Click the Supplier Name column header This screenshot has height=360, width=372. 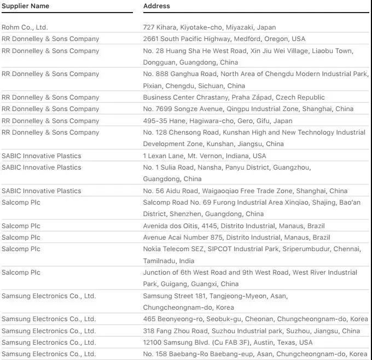click(25, 6)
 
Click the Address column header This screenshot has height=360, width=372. click(156, 6)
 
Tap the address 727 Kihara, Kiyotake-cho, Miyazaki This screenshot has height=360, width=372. click(210, 27)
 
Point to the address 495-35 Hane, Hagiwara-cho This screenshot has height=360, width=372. click(218, 121)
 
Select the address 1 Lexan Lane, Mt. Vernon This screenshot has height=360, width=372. click(205, 156)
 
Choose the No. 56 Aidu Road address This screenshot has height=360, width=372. click(245, 191)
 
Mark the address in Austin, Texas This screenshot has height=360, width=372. click(228, 342)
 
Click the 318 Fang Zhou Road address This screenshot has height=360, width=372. click(252, 331)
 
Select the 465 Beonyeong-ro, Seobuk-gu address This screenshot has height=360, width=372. click(255, 319)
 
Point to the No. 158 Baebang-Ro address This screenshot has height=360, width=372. click(255, 354)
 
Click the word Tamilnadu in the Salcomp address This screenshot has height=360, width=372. click(159, 261)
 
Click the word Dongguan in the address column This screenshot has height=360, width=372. click(160, 62)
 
